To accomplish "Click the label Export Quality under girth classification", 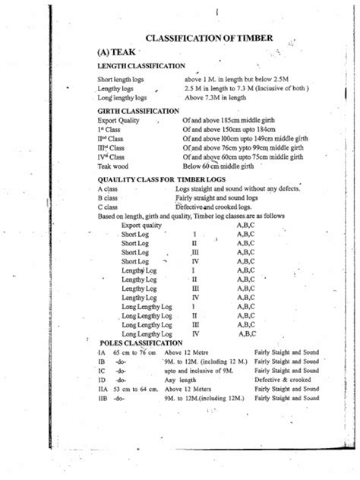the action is tap(119, 121).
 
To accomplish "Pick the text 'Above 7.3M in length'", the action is tap(216, 98).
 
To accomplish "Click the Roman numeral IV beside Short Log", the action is tap(195, 261).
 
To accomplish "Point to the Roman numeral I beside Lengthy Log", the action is tap(194, 270).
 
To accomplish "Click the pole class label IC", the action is tap(101, 371).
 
